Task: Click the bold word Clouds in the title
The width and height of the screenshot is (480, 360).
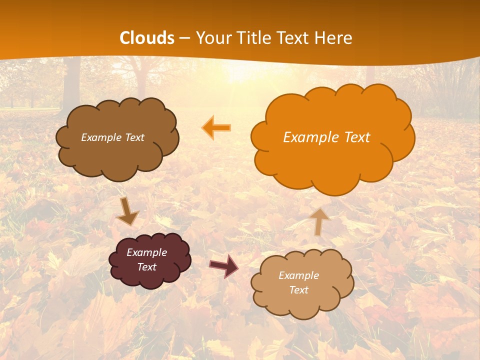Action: click(147, 38)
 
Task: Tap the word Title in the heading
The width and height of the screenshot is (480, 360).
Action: click(256, 38)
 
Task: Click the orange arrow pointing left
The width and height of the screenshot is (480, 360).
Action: click(216, 127)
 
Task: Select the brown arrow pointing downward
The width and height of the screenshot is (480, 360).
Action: click(127, 210)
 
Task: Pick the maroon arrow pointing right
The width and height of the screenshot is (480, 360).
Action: click(223, 266)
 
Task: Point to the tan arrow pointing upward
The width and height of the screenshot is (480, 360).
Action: click(319, 220)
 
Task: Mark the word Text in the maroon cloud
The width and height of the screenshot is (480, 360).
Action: click(147, 267)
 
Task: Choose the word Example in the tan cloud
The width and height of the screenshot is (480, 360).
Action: click(298, 275)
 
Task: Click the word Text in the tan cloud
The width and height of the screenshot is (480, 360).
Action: click(298, 290)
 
